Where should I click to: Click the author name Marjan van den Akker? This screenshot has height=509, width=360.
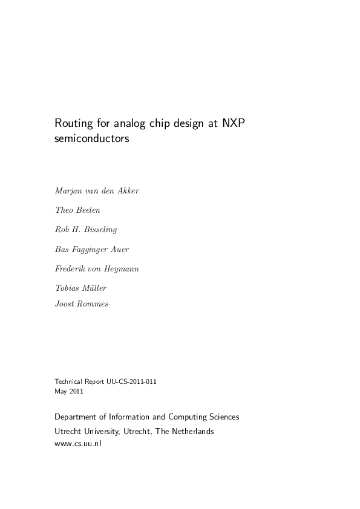(x=97, y=191)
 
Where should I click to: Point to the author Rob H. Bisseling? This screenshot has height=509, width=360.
(x=87, y=229)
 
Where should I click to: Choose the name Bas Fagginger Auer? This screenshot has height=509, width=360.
(x=91, y=248)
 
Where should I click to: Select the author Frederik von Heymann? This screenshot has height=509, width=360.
(x=97, y=268)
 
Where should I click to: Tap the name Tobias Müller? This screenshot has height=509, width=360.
(x=80, y=288)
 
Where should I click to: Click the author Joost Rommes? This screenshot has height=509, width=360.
(x=82, y=303)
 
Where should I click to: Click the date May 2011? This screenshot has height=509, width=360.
(x=69, y=391)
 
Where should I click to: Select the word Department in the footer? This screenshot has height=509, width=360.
(x=76, y=417)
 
